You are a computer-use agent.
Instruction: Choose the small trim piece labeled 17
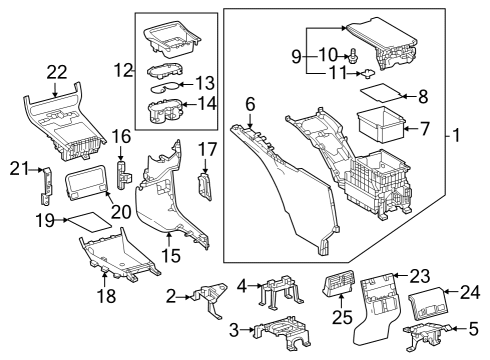(206, 185)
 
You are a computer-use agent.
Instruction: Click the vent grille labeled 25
(337, 290)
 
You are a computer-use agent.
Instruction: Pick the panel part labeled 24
(434, 297)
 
